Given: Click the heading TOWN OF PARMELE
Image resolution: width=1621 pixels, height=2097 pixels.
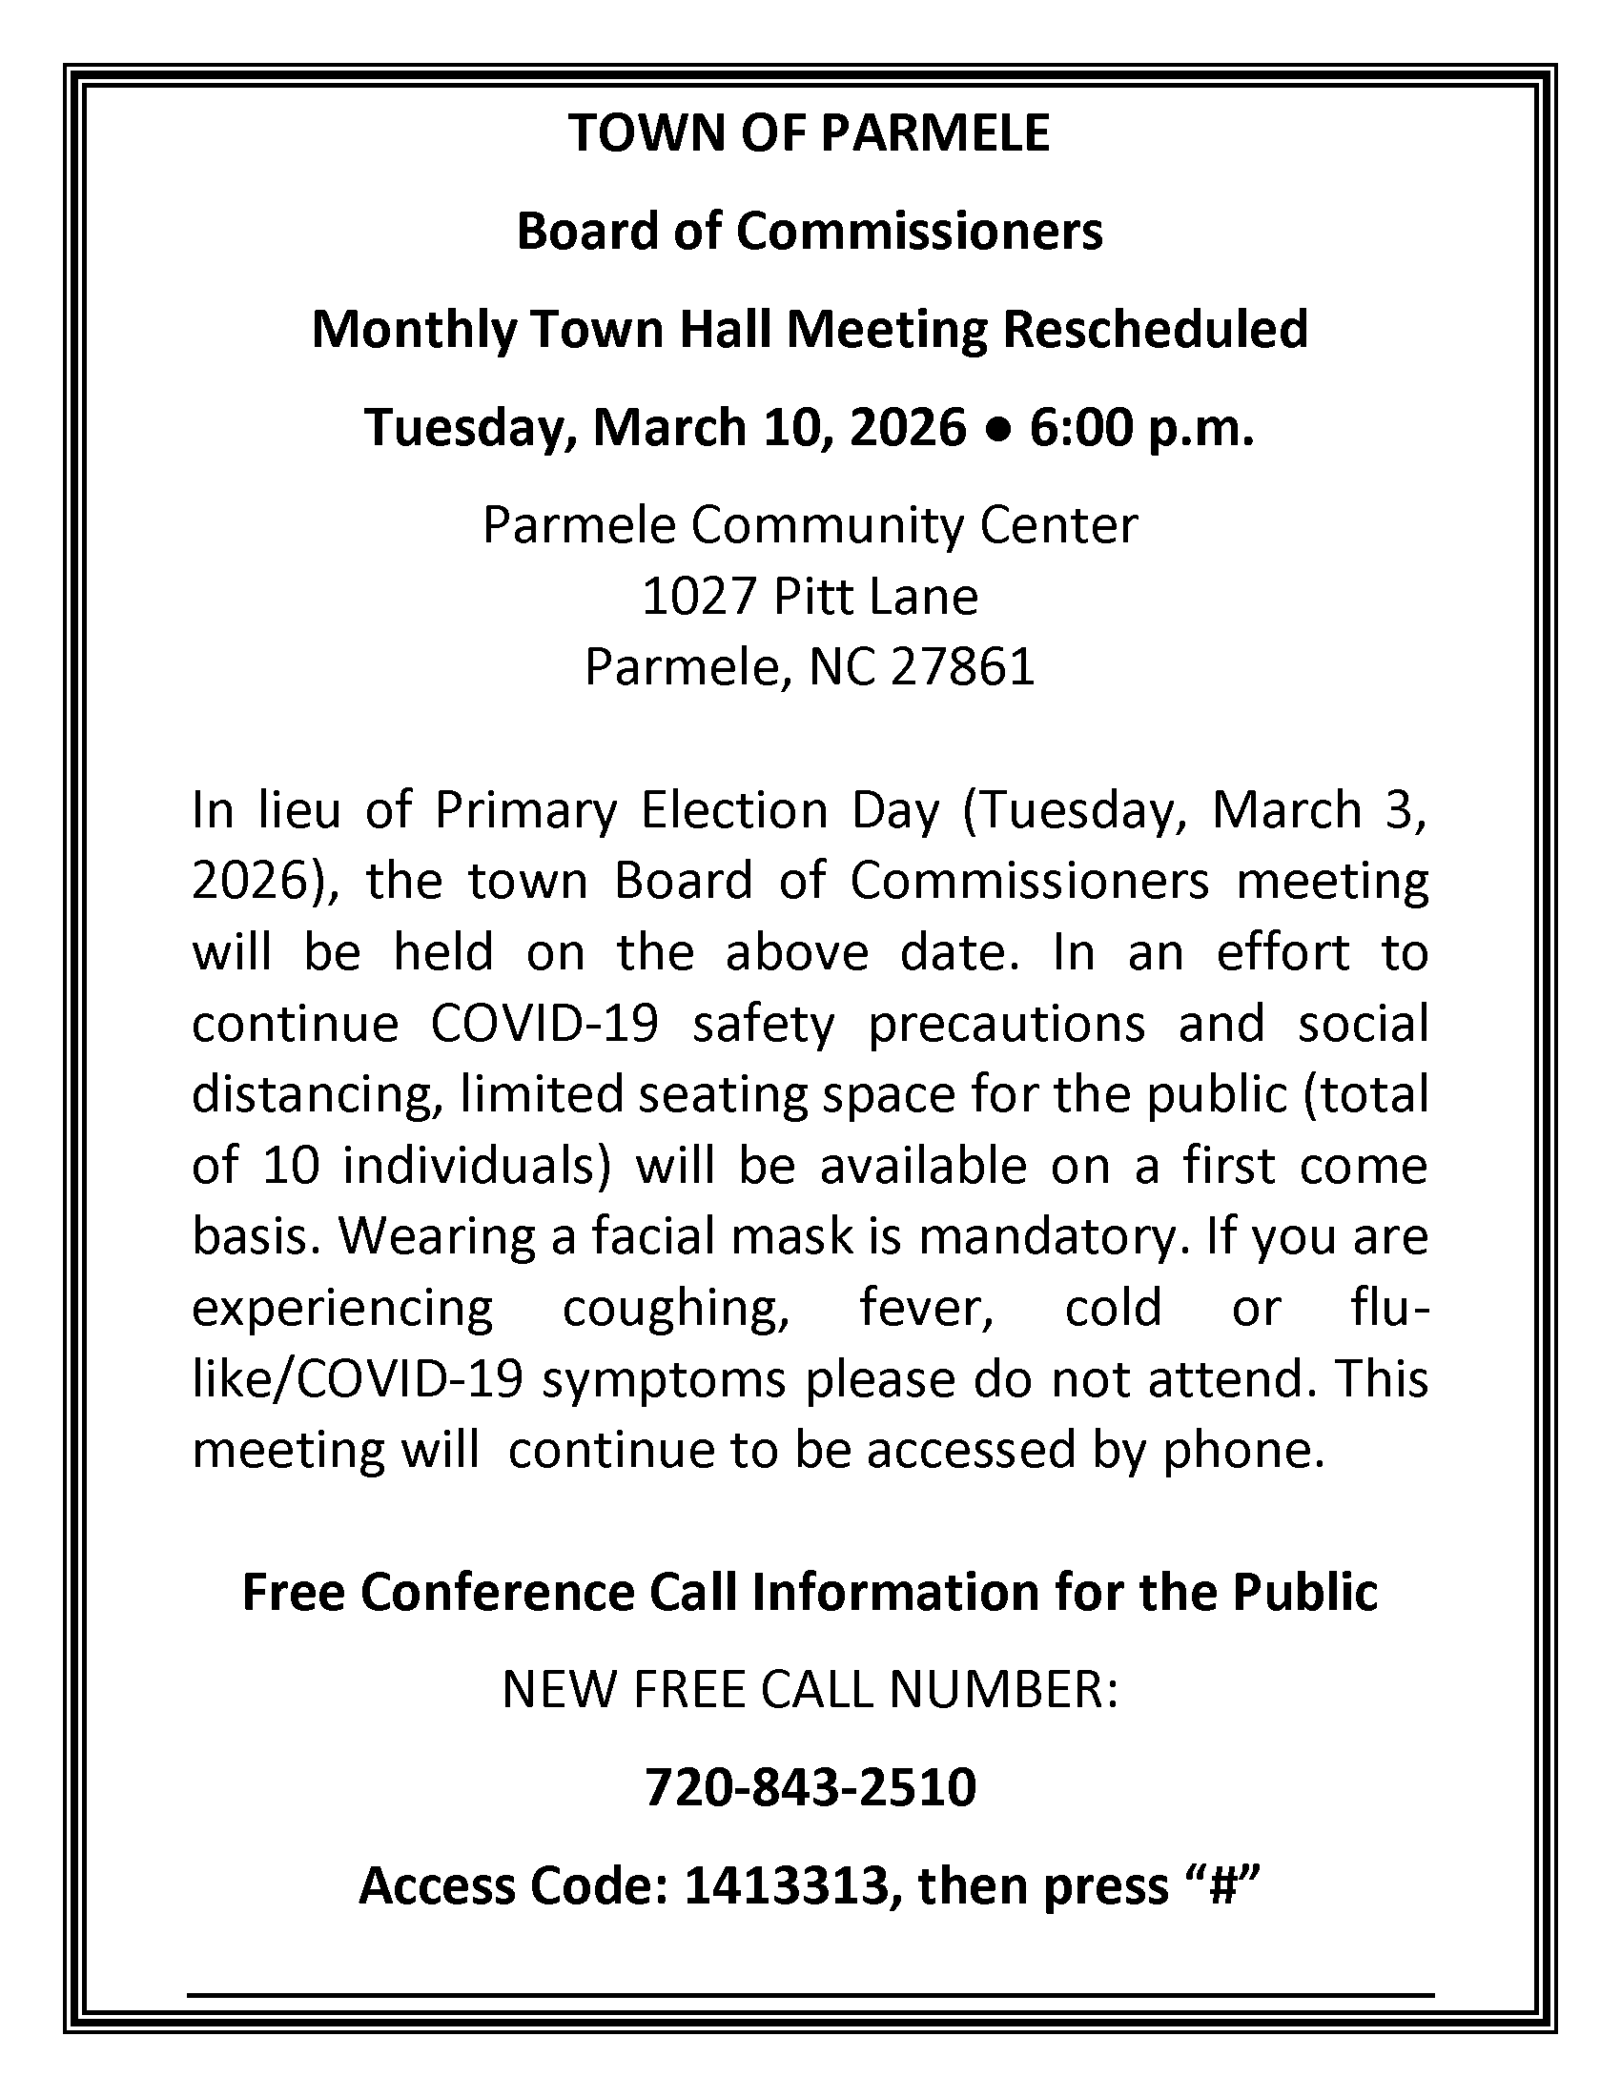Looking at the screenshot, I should point(810,132).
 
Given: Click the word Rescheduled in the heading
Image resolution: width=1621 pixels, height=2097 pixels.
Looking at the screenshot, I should point(1156,330).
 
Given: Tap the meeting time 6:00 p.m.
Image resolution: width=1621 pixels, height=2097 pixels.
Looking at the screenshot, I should point(1141,428).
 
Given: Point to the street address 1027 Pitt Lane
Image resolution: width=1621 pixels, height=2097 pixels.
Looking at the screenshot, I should point(810,597).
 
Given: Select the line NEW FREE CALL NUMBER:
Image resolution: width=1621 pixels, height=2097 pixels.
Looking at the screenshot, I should point(810,1690).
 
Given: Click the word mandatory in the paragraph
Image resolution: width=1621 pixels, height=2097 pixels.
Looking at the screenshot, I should point(1048,1236).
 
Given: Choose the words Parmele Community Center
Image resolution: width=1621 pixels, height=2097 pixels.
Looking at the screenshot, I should point(810,525).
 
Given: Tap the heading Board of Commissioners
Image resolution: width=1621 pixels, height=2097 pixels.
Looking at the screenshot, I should point(810,232).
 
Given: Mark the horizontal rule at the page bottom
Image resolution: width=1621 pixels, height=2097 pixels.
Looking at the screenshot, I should point(810,1995).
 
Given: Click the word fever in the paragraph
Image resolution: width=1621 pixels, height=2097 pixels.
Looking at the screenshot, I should point(926,1308).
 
